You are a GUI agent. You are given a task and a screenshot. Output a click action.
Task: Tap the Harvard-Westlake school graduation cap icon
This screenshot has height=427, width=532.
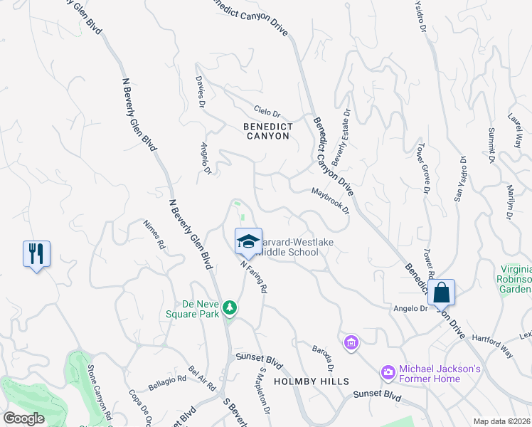coord(248,241)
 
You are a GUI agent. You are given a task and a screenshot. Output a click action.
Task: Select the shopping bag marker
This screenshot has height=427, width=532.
coord(441,292)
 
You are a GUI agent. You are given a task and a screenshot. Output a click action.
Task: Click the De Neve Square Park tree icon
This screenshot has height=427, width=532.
coord(229,308)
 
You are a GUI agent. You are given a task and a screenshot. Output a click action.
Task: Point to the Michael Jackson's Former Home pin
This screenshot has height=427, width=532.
coord(388,371)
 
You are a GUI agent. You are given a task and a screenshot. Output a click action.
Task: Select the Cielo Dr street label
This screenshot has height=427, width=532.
coord(267,112)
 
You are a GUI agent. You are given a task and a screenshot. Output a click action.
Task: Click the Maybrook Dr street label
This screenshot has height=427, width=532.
coord(330,200)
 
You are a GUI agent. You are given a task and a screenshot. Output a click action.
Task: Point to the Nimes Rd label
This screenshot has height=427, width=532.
coord(154,233)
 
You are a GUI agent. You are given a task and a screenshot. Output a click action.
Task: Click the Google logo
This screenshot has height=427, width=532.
coord(23,418)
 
